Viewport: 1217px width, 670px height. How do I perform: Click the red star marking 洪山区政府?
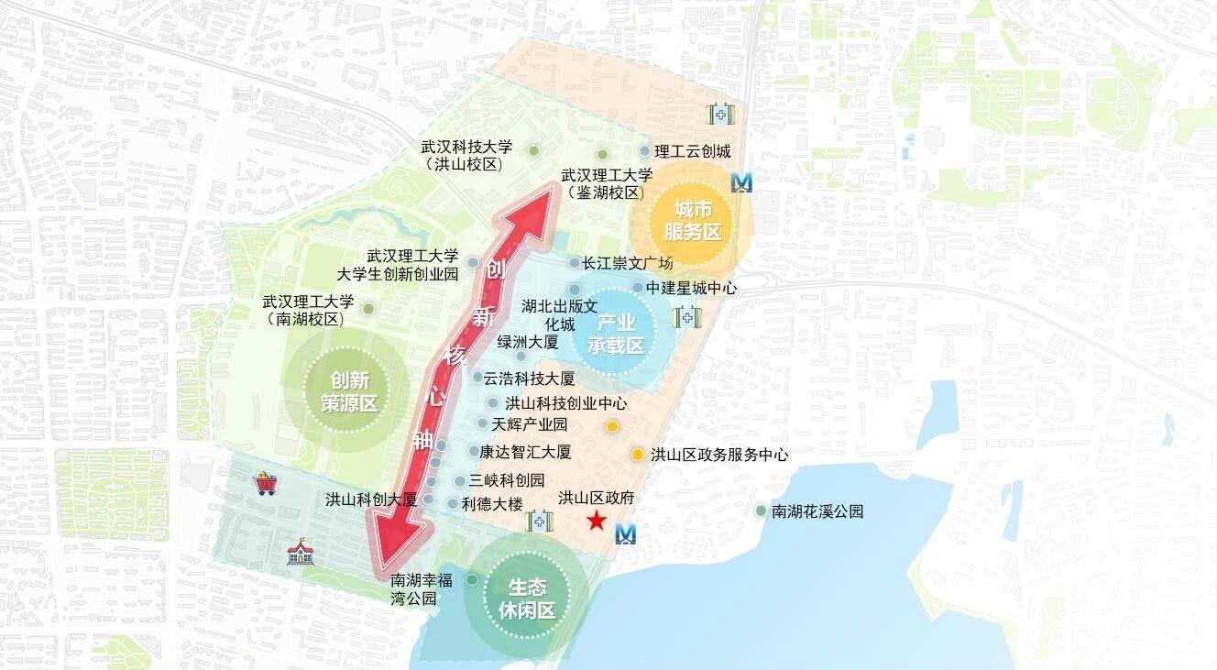(x=597, y=522)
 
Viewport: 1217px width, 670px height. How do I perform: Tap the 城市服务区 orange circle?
(x=693, y=223)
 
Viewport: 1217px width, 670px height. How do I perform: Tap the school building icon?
(x=300, y=552)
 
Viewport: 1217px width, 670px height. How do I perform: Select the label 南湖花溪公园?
(x=817, y=511)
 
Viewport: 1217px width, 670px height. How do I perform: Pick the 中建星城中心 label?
(x=691, y=288)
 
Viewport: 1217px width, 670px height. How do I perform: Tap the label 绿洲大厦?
(x=527, y=342)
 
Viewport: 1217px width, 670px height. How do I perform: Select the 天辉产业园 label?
(x=530, y=424)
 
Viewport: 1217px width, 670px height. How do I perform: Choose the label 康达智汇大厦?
(x=525, y=452)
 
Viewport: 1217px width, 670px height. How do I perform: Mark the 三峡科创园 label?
(x=507, y=480)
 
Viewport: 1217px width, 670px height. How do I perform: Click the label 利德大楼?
(x=492, y=503)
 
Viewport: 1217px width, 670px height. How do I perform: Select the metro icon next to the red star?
(x=626, y=533)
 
